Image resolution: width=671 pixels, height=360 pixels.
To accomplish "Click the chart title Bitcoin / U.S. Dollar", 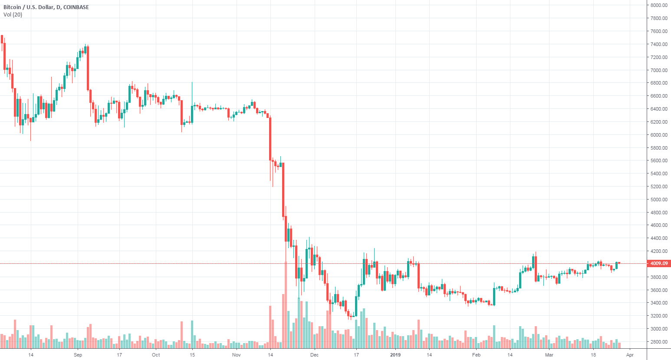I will pos(28,7).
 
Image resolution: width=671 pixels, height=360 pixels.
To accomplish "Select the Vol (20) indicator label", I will pos(13,15).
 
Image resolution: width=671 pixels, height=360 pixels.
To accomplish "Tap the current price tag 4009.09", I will pos(658,263).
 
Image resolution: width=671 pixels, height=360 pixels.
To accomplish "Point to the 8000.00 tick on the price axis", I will pos(658,5).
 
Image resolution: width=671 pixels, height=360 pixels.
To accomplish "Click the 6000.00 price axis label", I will pos(658,135).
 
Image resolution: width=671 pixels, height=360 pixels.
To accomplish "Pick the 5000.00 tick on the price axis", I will pos(658,200).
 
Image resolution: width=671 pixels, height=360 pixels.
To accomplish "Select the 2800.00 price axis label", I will pos(658,342).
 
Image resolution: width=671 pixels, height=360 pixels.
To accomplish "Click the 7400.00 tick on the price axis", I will pos(658,44).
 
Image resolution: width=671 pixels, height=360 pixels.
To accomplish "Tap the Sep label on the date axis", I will pos(78,355).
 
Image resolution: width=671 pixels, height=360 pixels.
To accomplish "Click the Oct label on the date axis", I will pos(156,355).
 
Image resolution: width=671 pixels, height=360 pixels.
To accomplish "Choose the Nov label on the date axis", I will pos(236,355).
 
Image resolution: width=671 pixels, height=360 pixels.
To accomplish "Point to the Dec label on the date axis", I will pos(314,355).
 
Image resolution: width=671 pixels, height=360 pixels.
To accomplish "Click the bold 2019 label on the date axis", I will pos(395,355).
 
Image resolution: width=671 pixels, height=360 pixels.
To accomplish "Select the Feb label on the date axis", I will pos(476,355).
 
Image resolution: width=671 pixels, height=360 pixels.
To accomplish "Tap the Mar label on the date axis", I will pos(549,355).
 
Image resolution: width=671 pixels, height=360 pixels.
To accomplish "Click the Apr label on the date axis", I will pos(630,355).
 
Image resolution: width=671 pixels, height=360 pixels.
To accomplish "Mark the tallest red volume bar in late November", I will pos(286,304).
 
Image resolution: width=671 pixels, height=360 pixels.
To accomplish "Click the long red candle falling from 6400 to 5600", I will pos(270,139).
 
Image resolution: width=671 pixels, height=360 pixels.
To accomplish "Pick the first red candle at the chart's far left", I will pos(2,39).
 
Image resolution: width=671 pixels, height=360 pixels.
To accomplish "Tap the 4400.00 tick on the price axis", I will pos(658,238).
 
